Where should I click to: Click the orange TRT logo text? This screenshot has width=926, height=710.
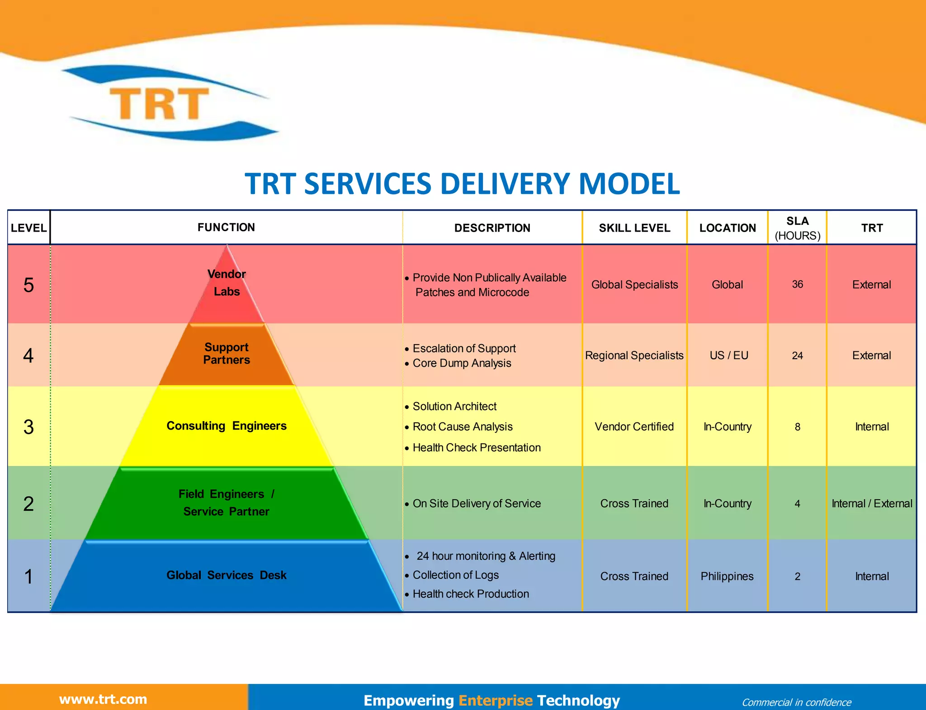(x=159, y=104)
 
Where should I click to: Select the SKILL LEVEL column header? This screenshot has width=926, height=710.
(x=634, y=228)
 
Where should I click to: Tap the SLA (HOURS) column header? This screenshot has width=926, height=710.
(x=797, y=228)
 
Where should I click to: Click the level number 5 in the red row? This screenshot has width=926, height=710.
(x=28, y=285)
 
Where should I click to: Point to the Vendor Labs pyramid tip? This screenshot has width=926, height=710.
(x=227, y=283)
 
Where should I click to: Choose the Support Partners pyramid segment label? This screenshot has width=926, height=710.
(x=227, y=354)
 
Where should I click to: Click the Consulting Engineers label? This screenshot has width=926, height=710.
(x=227, y=426)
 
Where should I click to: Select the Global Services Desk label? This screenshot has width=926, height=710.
(x=227, y=575)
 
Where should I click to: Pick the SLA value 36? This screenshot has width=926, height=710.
(x=797, y=284)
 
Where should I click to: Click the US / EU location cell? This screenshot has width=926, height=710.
(x=728, y=355)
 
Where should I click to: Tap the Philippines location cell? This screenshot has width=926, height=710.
(x=727, y=577)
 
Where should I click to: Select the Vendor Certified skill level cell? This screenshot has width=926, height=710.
(x=634, y=426)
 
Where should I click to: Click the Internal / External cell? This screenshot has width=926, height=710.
(x=872, y=503)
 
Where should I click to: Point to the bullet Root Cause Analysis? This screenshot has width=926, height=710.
(x=462, y=427)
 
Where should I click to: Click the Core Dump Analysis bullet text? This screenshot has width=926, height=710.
(x=462, y=363)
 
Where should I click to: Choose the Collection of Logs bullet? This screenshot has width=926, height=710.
(x=455, y=575)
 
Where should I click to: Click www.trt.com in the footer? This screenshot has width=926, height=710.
(x=103, y=699)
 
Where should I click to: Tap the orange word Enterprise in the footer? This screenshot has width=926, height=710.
(x=496, y=701)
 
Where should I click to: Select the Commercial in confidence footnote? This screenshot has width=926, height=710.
(x=796, y=702)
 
